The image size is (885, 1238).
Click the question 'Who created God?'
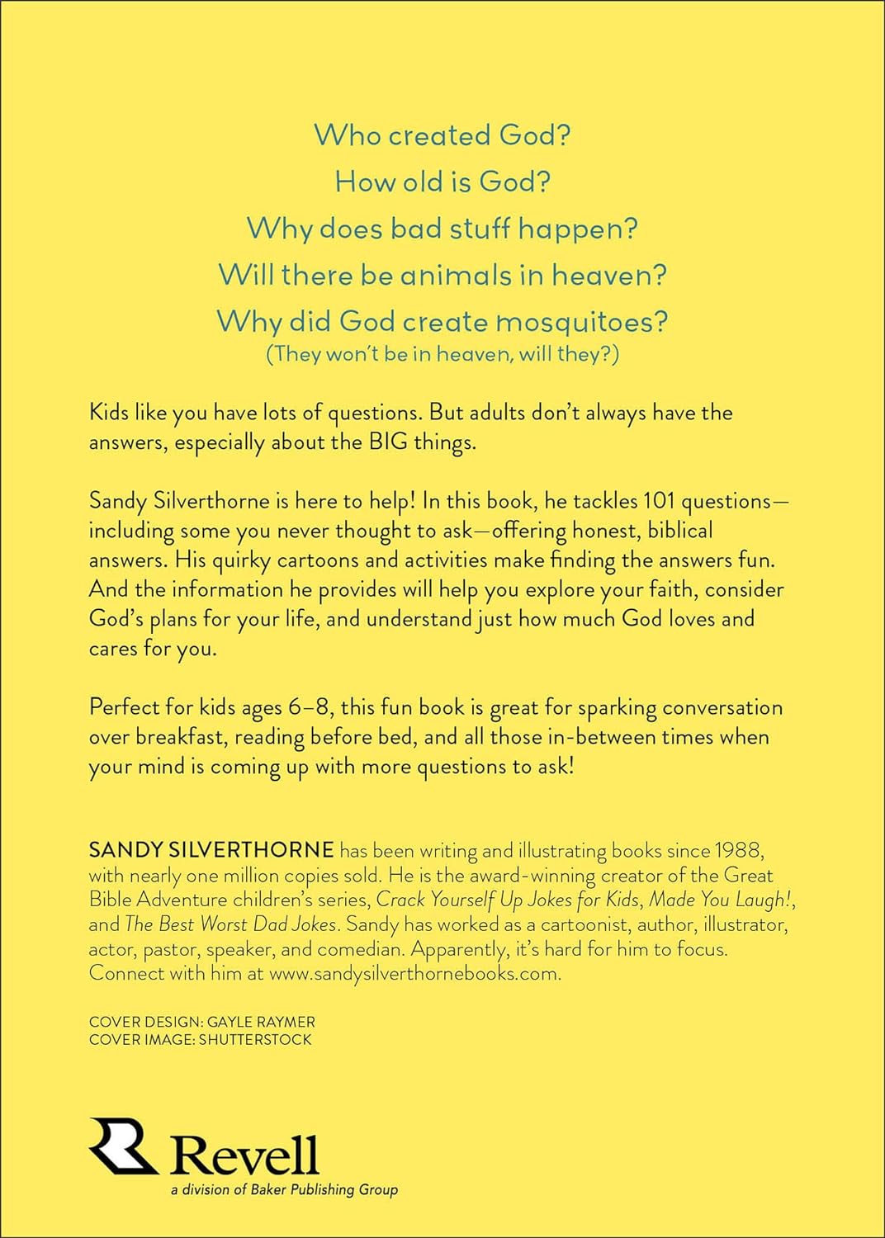click(x=442, y=135)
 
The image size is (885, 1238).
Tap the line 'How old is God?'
click(x=442, y=182)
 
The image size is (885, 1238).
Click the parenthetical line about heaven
click(x=442, y=354)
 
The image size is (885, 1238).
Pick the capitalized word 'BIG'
click(x=388, y=442)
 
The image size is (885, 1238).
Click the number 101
click(x=659, y=501)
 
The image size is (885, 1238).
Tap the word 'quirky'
click(x=241, y=560)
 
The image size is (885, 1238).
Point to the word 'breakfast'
click(x=179, y=737)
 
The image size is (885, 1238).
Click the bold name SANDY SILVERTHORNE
click(x=211, y=850)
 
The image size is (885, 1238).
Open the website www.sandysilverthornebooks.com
click(x=414, y=973)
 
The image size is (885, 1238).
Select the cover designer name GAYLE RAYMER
click(x=261, y=1022)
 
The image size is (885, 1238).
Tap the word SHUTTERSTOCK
click(x=255, y=1040)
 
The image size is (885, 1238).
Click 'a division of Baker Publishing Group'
click(x=284, y=1189)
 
